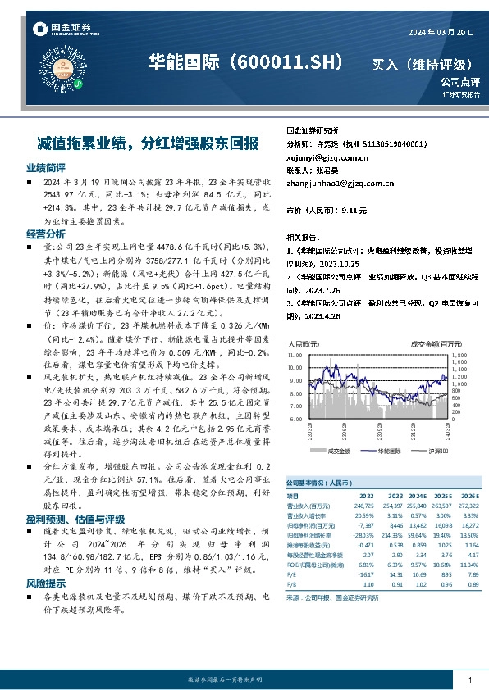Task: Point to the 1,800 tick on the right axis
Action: pos(459,356)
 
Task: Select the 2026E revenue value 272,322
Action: pos(468,506)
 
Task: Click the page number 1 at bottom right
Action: pos(468,680)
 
